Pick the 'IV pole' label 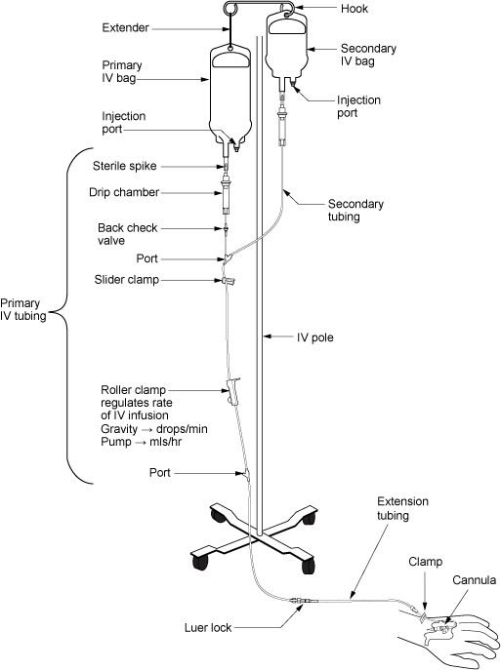(x=317, y=337)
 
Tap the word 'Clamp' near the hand (x=427, y=562)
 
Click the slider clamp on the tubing (x=230, y=282)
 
